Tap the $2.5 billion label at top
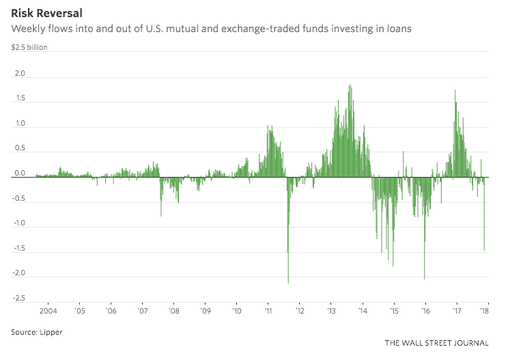click(x=29, y=48)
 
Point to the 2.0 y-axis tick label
click(x=19, y=74)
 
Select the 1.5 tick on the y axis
click(x=19, y=99)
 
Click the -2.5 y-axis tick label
click(x=18, y=299)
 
